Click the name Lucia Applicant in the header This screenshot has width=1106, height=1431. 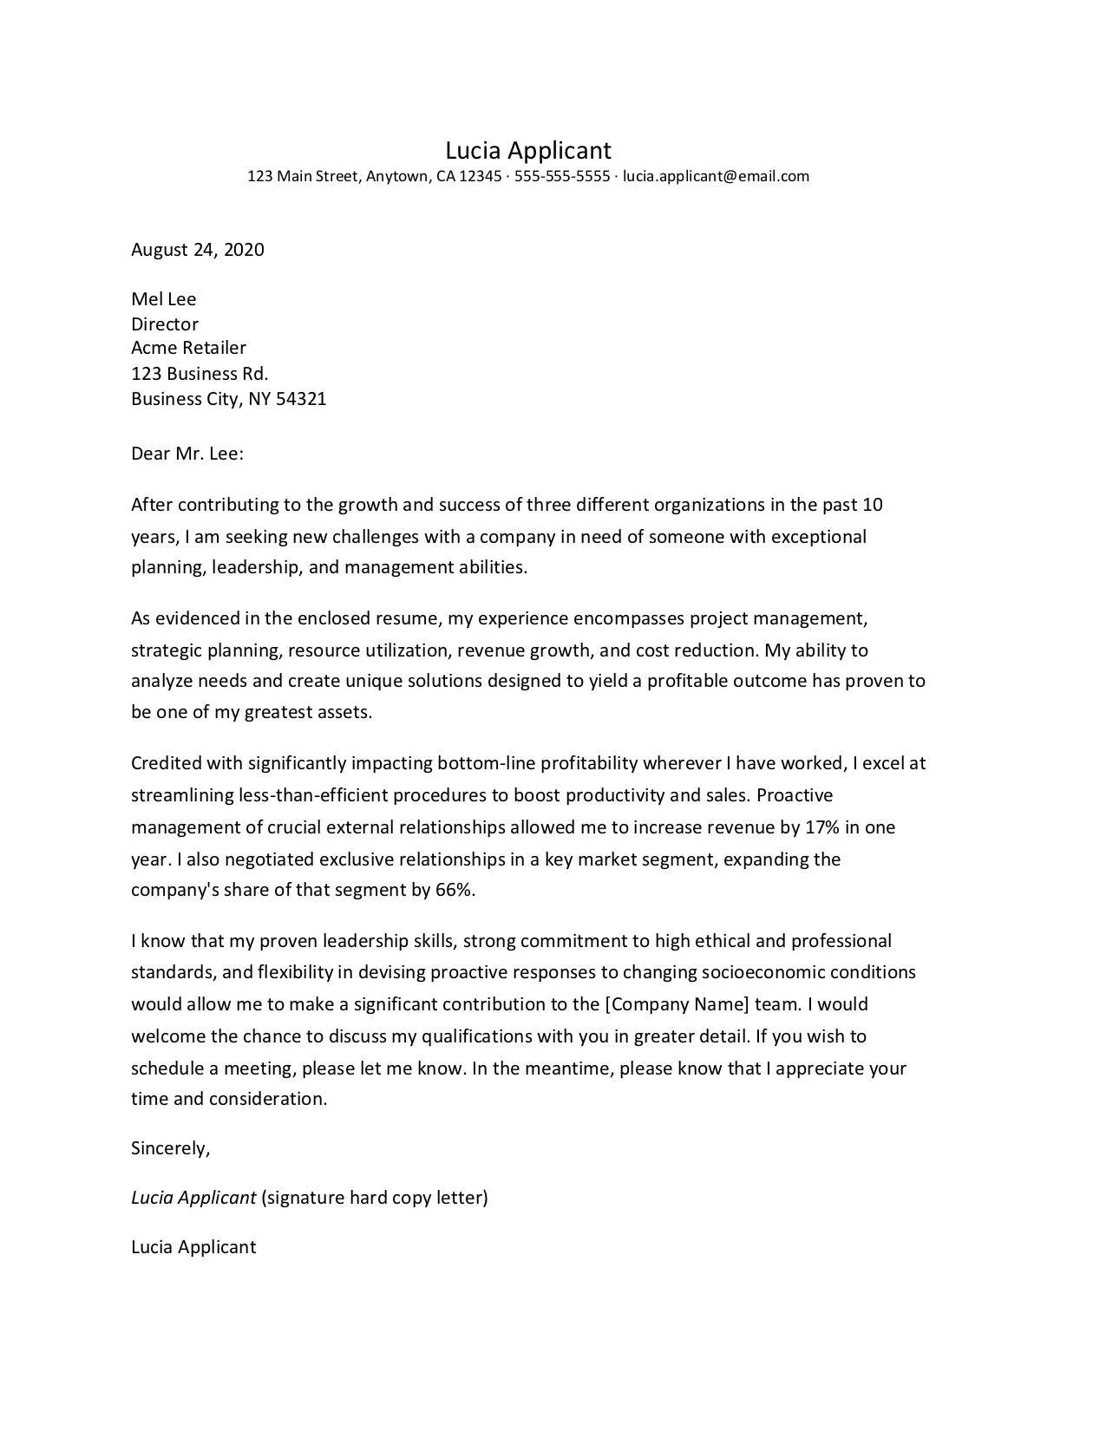tap(528, 151)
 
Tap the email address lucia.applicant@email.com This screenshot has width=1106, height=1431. tap(716, 176)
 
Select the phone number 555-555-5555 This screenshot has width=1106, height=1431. tap(562, 176)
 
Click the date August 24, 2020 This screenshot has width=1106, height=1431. tap(198, 250)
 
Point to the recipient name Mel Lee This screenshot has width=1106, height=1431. tap(163, 299)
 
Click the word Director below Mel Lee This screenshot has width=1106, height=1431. tap(165, 324)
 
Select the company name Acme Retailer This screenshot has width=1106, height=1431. tap(188, 348)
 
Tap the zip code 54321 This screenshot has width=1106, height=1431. tap(301, 399)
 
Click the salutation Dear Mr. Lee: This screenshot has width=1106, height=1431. tap(187, 454)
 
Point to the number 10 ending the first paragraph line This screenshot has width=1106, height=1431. tap(873, 505)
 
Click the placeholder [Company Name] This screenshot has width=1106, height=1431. tap(677, 1004)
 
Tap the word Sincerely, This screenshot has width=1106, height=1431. tap(170, 1148)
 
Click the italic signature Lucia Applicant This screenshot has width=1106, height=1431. tap(193, 1198)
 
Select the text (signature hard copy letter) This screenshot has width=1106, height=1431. tap(374, 1198)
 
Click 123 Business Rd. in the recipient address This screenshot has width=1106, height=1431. tap(200, 374)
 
